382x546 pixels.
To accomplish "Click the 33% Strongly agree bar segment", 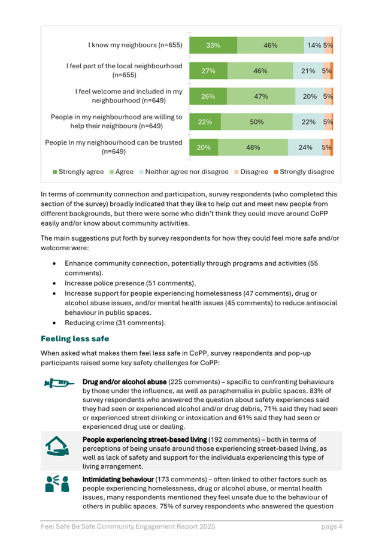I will pyautogui.click(x=213, y=45).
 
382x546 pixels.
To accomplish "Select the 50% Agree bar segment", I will pyautogui.click(x=257, y=122).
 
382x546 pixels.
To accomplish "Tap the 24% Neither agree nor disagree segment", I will pyautogui.click(x=305, y=147).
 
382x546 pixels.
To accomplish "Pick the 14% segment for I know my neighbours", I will pyautogui.click(x=314, y=45).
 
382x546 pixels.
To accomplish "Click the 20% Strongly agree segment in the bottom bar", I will pyautogui.click(x=204, y=147).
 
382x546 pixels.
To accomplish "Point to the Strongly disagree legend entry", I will pyautogui.click(x=304, y=172).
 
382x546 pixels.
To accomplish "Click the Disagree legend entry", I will pyautogui.click(x=251, y=172).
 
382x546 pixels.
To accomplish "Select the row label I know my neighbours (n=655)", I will pyautogui.click(x=135, y=45).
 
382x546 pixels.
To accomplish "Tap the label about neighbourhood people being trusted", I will pyautogui.click(x=114, y=147).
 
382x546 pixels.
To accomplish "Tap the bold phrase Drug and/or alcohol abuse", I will pyautogui.click(x=124, y=381).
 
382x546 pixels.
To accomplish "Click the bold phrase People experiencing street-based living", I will pyautogui.click(x=144, y=439).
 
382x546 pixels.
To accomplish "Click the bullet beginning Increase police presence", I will pyautogui.click(x=130, y=283).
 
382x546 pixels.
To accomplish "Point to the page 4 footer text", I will pyautogui.click(x=331, y=527).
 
